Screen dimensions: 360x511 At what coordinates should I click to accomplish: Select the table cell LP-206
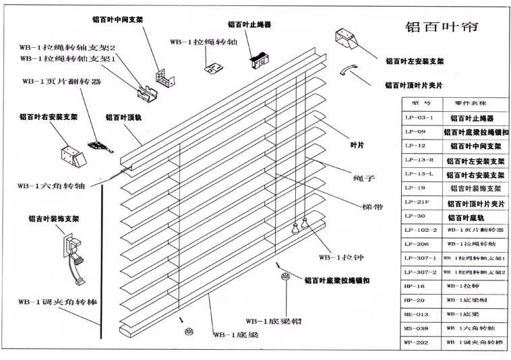pos(417,243)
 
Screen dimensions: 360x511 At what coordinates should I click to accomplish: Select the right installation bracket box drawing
pos(73,156)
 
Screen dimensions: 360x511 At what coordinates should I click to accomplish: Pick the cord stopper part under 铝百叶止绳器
pos(257,59)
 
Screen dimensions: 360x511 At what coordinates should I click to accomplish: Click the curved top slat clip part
pos(350,70)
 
